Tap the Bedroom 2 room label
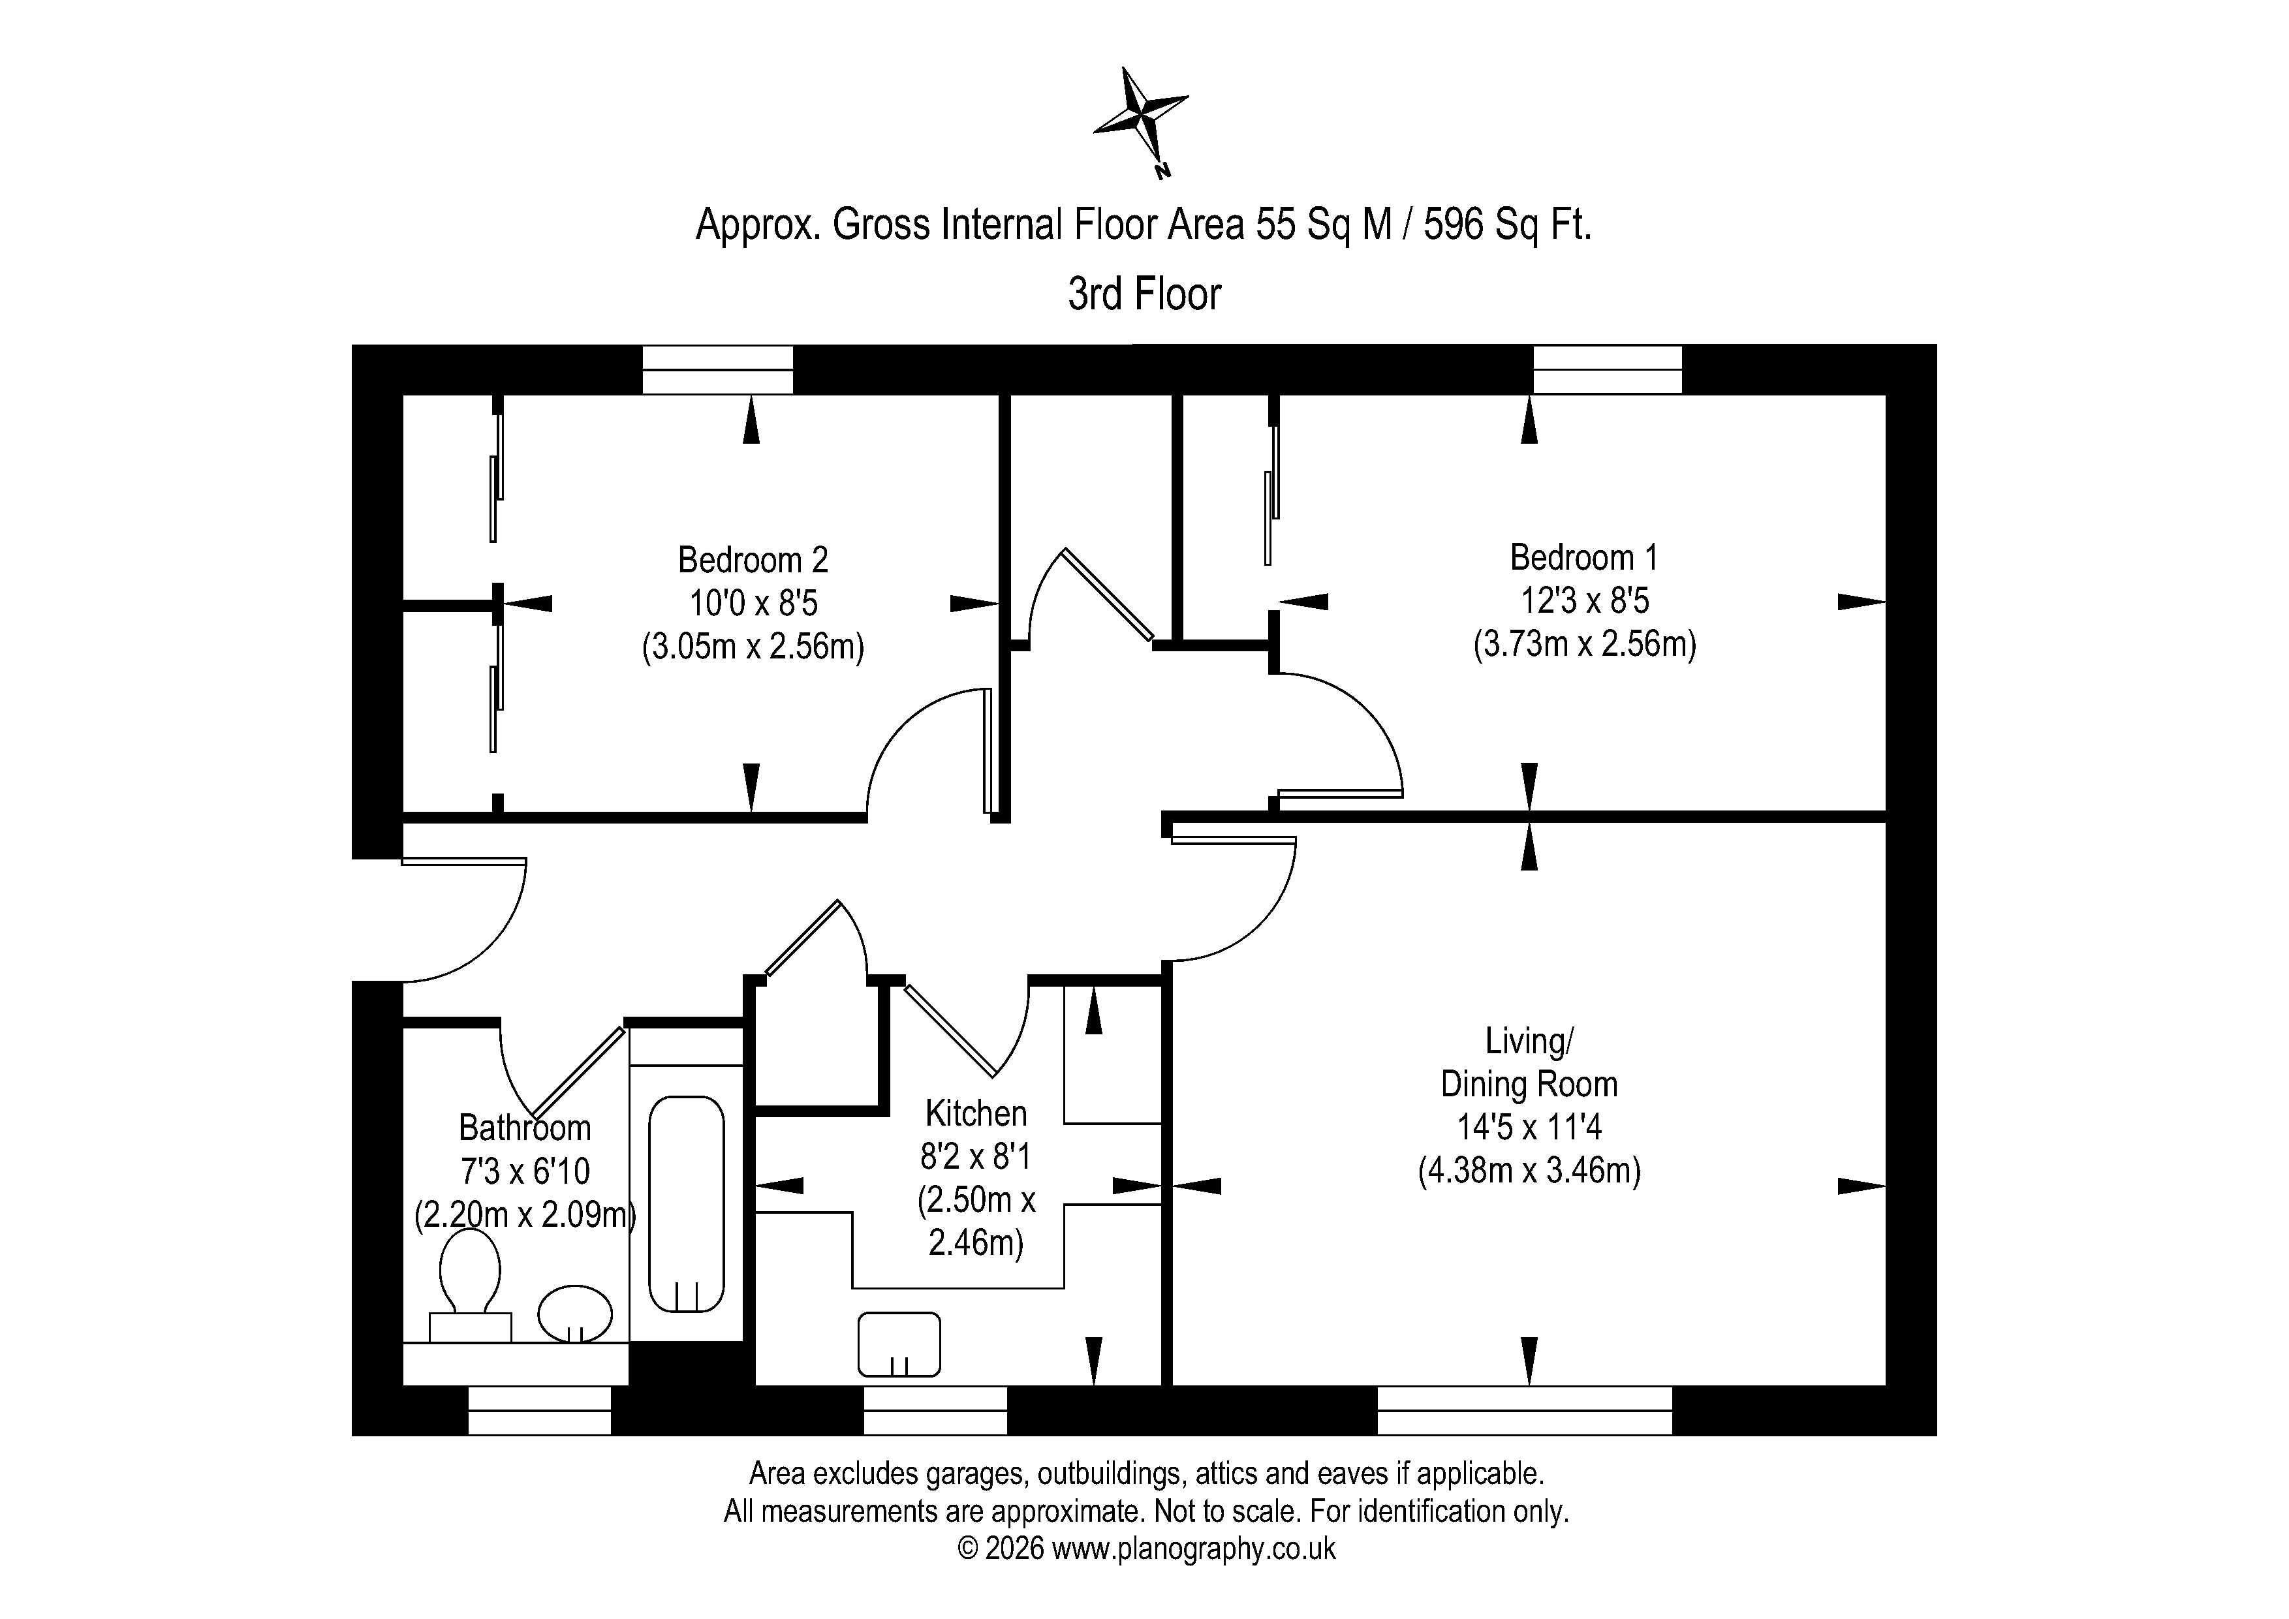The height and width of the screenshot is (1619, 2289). (753, 561)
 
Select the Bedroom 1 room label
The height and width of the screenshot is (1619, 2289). (1584, 557)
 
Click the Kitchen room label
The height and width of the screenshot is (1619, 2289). (976, 1113)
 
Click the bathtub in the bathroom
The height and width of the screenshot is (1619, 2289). (686, 1204)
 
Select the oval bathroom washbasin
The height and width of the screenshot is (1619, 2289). (575, 1314)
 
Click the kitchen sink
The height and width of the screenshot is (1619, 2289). (899, 1344)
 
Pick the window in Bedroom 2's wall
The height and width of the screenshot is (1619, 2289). (718, 370)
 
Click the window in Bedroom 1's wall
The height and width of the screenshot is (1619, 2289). (1607, 370)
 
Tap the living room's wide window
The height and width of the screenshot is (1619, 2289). (1524, 1411)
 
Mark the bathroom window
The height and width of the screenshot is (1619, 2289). (539, 1411)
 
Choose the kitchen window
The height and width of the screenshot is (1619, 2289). (935, 1411)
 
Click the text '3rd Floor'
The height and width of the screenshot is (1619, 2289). (1145, 294)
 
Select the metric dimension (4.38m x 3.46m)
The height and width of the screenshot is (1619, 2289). (1529, 1171)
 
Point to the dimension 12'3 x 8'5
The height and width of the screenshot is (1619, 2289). (1584, 601)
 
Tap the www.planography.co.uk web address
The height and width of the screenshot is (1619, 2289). (1193, 1549)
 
